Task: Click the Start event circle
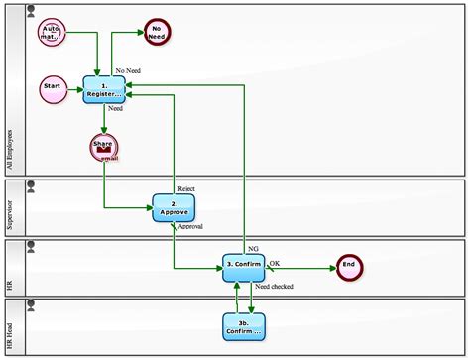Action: [x=54, y=87]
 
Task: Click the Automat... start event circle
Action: [x=52, y=32]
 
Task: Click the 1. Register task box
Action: [x=104, y=89]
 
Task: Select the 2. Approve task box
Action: [x=174, y=208]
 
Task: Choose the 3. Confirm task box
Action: [x=243, y=266]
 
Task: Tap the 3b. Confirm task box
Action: [x=243, y=324]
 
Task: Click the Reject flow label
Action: [x=186, y=188]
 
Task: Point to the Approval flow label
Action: [x=189, y=227]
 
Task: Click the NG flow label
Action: [x=253, y=247]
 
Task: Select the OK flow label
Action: [x=275, y=262]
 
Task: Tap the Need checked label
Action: [x=275, y=287]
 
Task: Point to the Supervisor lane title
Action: [x=11, y=209]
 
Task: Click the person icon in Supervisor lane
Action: [x=30, y=185]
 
